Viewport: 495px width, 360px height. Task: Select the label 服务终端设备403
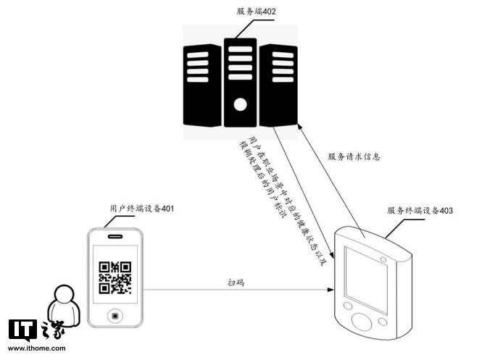click(420, 211)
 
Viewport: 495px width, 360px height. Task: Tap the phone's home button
click(115, 316)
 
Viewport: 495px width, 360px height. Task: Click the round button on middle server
click(240, 105)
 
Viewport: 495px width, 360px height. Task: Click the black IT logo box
click(22, 330)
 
